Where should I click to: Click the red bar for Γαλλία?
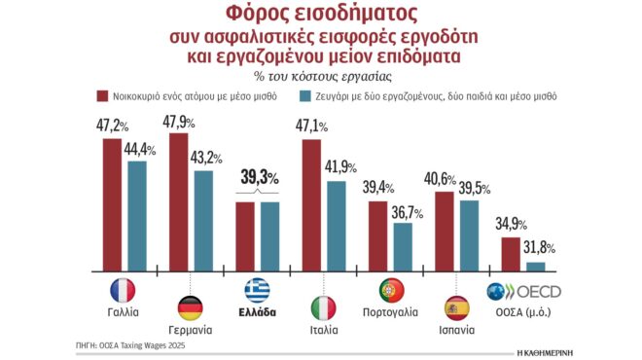click(113, 204)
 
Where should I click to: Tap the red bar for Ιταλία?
click(311, 204)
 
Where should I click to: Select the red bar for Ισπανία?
click(445, 232)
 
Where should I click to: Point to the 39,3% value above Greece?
click(259, 177)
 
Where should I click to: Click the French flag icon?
click(123, 290)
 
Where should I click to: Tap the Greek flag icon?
click(258, 290)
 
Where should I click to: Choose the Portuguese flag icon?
click(392, 290)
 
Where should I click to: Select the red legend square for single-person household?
click(101, 96)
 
